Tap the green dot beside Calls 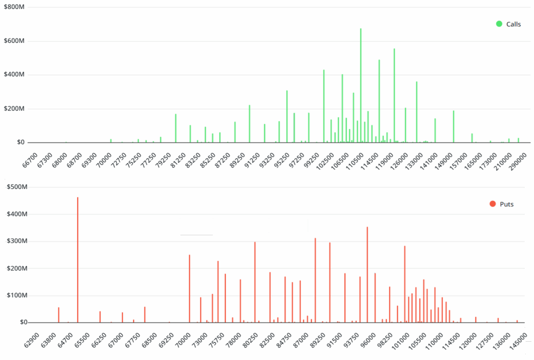(x=499, y=24)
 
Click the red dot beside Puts (x=493, y=204)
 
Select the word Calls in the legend (x=513, y=24)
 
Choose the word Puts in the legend (x=506, y=204)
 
